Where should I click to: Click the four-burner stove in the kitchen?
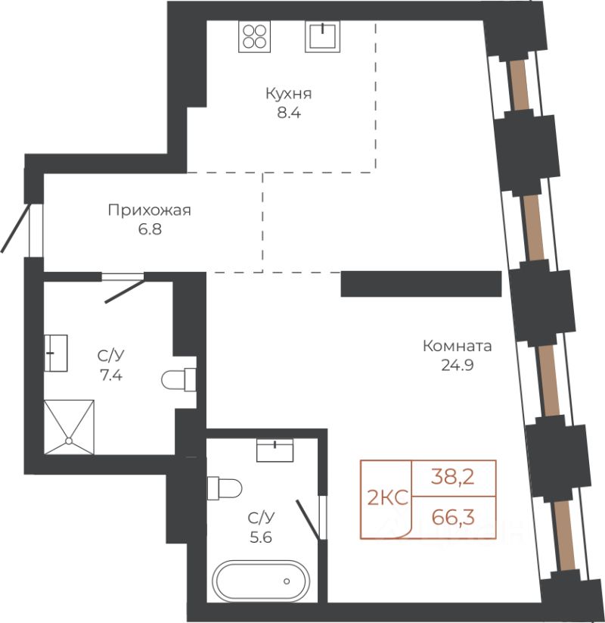(254, 36)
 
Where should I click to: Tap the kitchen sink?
(323, 36)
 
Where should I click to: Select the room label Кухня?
(289, 94)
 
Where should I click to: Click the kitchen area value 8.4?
(289, 113)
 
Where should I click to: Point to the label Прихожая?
(149, 210)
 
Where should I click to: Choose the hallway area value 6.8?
(150, 229)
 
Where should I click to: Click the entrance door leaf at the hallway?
(15, 228)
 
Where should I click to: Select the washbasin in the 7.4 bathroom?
(55, 353)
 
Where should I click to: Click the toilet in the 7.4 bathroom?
(178, 379)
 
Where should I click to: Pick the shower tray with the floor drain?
(69, 427)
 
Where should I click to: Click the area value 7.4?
(111, 375)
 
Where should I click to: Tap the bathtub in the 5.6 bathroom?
(259, 581)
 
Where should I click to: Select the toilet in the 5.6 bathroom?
(225, 488)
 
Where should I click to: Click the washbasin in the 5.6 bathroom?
(275, 450)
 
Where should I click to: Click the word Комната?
(457, 346)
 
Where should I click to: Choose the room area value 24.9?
(458, 365)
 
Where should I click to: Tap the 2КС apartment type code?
(387, 497)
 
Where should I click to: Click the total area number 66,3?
(453, 517)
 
